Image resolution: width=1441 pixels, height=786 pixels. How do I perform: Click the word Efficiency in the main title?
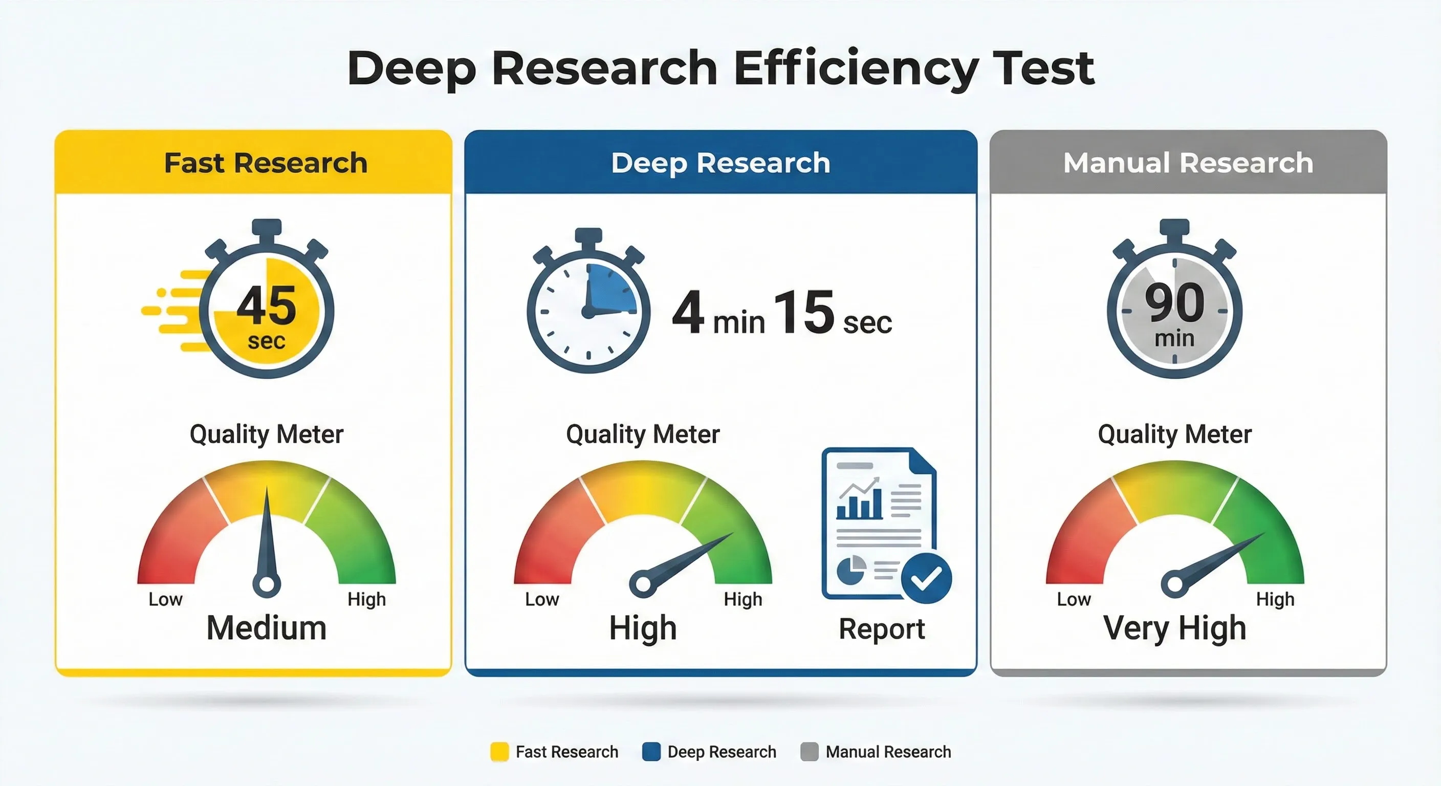pyautogui.click(x=856, y=68)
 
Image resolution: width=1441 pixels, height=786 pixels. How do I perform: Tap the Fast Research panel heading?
pyautogui.click(x=266, y=163)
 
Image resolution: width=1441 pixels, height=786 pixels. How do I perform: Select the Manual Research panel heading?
pyautogui.click(x=1188, y=163)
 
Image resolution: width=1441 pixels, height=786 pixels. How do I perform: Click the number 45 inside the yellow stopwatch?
pyautogui.click(x=266, y=306)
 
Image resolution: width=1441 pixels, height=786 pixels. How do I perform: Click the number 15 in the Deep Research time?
pyautogui.click(x=804, y=312)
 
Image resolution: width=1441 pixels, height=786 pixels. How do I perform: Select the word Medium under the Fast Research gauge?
pyautogui.click(x=266, y=628)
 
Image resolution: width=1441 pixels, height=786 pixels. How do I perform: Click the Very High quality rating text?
pyautogui.click(x=1175, y=628)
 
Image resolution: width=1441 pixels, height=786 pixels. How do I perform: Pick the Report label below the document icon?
pyautogui.click(x=882, y=629)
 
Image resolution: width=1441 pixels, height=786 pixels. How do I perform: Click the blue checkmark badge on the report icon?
pyautogui.click(x=926, y=578)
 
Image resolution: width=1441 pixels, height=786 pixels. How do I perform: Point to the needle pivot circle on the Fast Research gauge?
pyautogui.click(x=267, y=584)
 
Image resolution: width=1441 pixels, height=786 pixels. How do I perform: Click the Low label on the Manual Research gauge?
pyautogui.click(x=1074, y=599)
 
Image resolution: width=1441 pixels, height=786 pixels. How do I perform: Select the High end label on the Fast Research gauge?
pyautogui.click(x=366, y=599)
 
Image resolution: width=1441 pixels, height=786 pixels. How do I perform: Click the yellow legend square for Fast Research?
pyautogui.click(x=499, y=751)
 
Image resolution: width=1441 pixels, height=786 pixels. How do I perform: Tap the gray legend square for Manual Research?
pyautogui.click(x=809, y=751)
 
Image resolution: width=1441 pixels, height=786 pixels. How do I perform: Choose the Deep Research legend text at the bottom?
pyautogui.click(x=722, y=751)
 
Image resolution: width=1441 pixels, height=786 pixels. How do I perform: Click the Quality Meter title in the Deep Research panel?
pyautogui.click(x=643, y=434)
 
